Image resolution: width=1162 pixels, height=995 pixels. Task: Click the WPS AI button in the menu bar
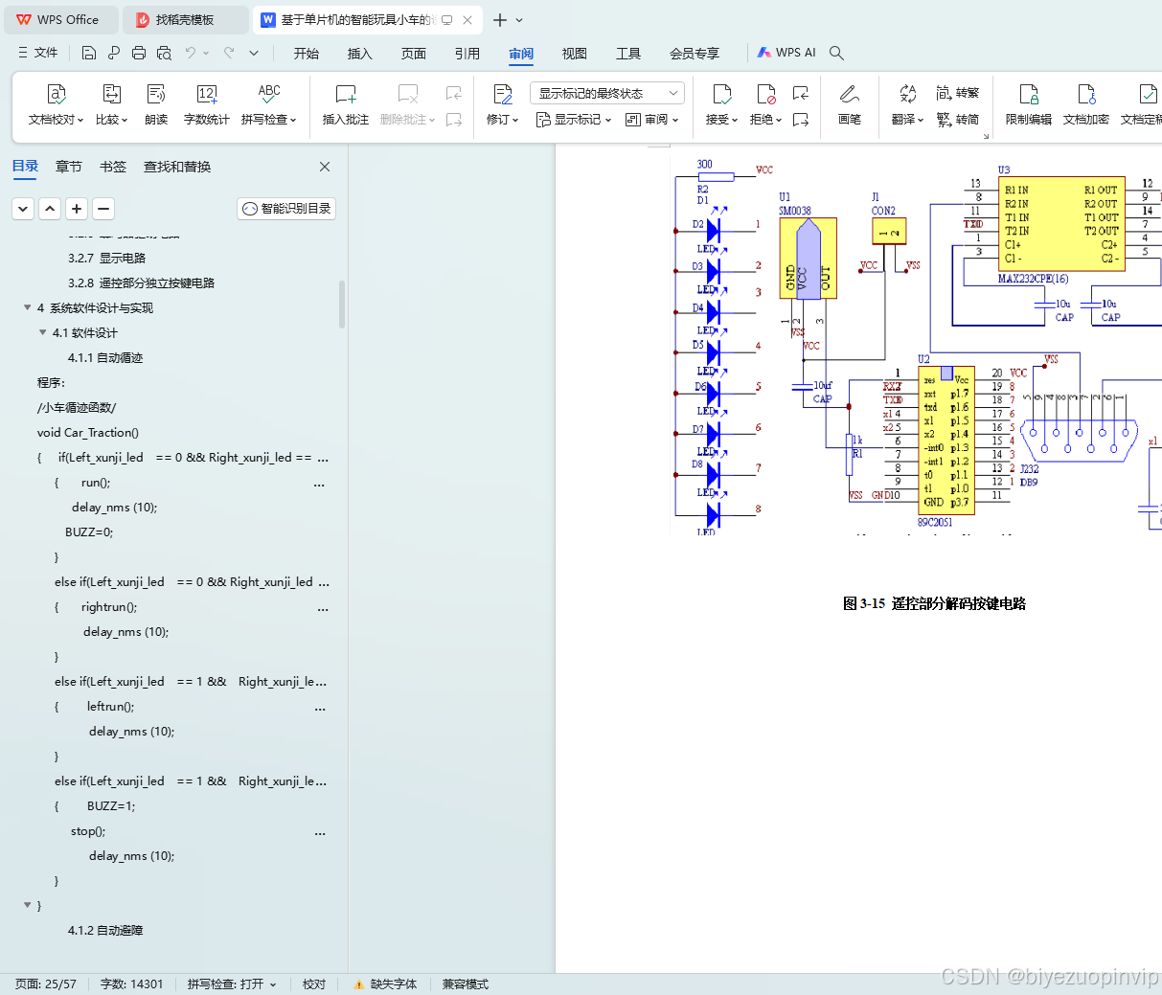point(786,53)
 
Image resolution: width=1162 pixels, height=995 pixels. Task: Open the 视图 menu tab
point(574,54)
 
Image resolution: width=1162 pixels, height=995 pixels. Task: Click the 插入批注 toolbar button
point(345,103)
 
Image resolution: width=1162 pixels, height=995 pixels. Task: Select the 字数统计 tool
point(206,103)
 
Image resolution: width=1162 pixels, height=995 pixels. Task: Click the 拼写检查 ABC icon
point(269,94)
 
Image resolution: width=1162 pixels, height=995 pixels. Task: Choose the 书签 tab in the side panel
point(113,167)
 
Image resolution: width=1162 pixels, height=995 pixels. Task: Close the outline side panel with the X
point(325,167)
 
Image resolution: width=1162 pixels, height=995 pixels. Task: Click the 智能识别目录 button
point(286,208)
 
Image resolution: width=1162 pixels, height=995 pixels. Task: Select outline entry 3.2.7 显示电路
point(106,258)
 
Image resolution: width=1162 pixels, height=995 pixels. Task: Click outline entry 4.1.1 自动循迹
point(104,357)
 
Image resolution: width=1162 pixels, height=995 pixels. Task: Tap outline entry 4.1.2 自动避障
point(104,930)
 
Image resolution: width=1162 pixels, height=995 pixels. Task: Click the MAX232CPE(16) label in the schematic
point(1033,279)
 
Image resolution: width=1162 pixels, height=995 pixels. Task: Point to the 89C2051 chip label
point(935,522)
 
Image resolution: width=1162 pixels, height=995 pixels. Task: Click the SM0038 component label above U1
point(794,211)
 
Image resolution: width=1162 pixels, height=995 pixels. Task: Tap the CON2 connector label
point(883,211)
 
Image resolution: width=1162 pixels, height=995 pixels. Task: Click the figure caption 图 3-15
point(934,603)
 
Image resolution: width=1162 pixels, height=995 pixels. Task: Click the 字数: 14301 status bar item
point(132,984)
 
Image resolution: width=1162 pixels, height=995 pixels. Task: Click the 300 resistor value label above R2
point(704,164)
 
